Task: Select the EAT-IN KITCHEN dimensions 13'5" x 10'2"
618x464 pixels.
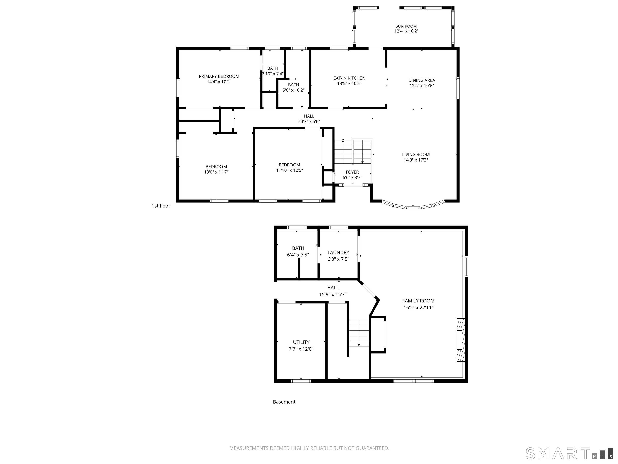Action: (349, 83)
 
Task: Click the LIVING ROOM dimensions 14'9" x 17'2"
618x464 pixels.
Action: (416, 160)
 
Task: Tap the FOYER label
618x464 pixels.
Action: (352, 172)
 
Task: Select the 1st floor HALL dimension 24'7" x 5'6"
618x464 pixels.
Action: (309, 122)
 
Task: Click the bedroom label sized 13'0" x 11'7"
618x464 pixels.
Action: (216, 166)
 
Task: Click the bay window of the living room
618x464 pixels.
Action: (413, 207)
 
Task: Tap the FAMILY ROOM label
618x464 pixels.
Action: (418, 301)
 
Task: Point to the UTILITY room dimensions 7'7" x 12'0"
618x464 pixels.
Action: (301, 349)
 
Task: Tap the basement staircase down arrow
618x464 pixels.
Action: (359, 345)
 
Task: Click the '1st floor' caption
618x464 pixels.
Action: (161, 206)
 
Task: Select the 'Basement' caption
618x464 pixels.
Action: (284, 402)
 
